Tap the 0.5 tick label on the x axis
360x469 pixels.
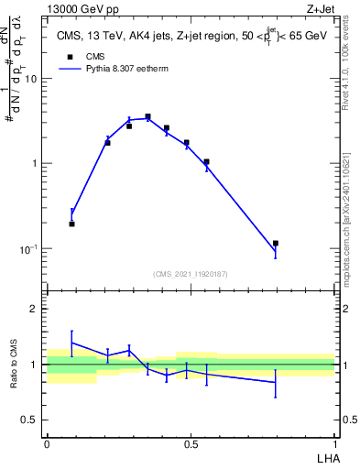click(191, 444)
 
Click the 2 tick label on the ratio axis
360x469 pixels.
click(34, 310)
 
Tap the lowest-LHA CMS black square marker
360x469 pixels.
click(72, 224)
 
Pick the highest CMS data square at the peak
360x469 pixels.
click(147, 117)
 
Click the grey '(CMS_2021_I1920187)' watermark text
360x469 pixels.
click(190, 273)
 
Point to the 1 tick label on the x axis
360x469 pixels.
click(334, 444)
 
